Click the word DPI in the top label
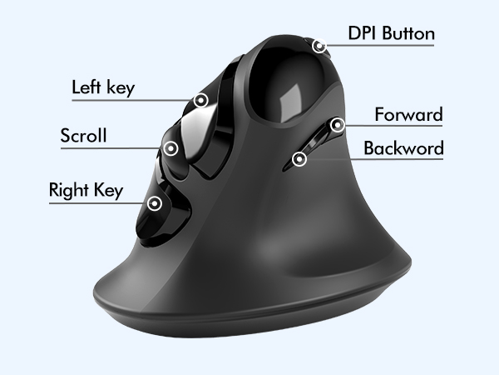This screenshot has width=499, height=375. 363,33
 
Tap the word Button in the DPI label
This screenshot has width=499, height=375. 408,33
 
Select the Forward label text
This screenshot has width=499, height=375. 408,114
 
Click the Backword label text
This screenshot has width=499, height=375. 403,148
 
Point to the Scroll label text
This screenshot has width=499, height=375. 83,135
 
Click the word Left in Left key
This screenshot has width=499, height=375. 86,87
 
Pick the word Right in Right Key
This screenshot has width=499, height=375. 69,190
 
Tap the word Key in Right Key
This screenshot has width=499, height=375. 108,191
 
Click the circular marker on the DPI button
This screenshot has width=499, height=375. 319,46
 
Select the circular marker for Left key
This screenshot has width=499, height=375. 200,101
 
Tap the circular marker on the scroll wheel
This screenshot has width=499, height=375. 170,148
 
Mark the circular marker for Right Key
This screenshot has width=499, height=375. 155,203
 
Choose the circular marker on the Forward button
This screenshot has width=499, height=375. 338,125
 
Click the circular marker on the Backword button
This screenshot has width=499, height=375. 299,158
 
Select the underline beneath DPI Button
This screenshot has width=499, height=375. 380,45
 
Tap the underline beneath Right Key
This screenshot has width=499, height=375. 98,203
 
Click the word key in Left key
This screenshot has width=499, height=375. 121,88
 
